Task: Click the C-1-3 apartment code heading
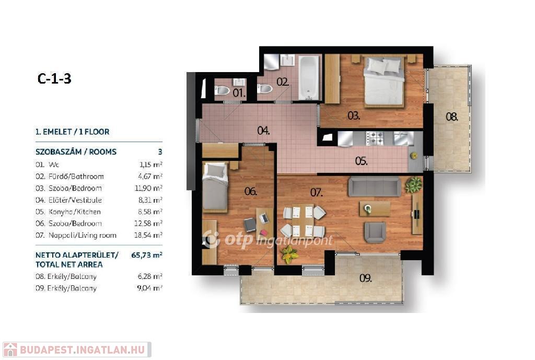(54, 78)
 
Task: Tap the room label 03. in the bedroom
(354, 115)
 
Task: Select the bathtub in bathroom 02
(309, 78)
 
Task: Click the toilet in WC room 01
(222, 90)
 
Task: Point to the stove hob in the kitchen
(375, 138)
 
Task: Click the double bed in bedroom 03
(383, 81)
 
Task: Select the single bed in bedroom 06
(215, 187)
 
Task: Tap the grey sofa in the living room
(375, 187)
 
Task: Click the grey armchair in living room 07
(375, 232)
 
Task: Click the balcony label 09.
(365, 278)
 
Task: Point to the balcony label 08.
(452, 117)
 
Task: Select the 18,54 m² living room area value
(148, 235)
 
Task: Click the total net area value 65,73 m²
(147, 255)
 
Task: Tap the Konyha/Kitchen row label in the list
(75, 212)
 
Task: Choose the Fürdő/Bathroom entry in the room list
(76, 177)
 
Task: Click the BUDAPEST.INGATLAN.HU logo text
(82, 350)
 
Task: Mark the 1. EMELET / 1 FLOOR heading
(72, 132)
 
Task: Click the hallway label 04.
(263, 131)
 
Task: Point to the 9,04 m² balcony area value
(149, 288)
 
